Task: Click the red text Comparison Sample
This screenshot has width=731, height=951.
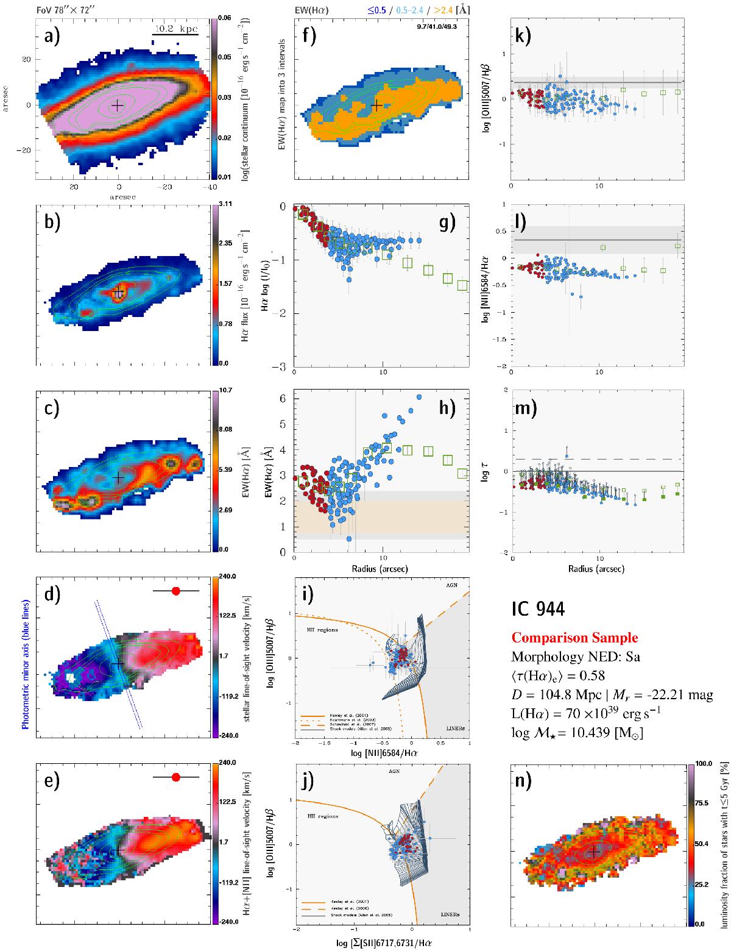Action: point(574,638)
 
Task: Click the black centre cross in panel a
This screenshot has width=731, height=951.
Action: point(117,105)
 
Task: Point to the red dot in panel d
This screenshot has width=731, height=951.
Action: point(176,591)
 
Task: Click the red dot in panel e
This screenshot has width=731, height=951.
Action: point(176,777)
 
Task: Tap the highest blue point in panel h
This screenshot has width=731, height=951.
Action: point(418,397)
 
